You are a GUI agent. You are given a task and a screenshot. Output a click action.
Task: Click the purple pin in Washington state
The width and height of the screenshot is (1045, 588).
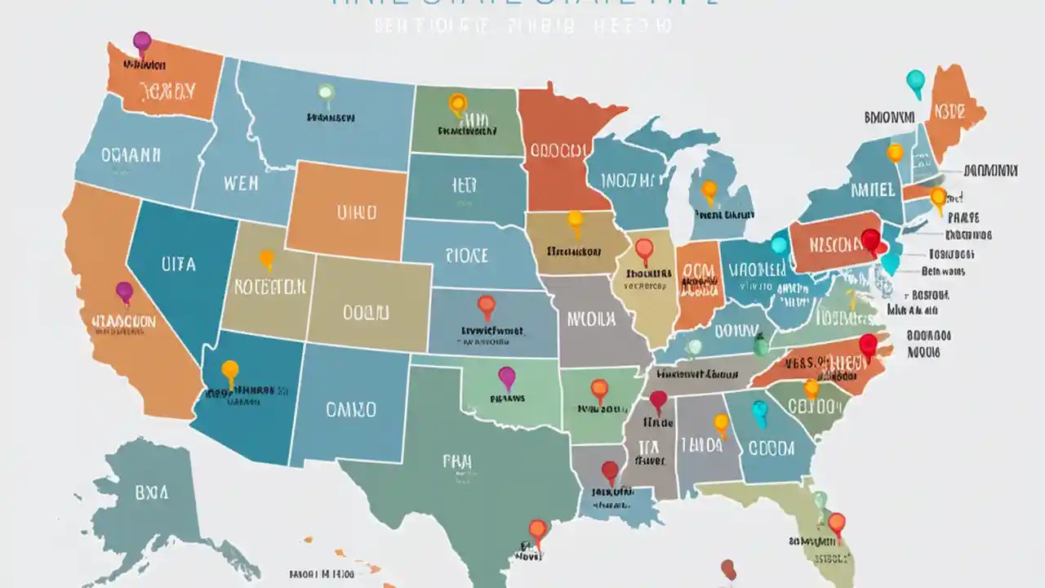coord(142,41)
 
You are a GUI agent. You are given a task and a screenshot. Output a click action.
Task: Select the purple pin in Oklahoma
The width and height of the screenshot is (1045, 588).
coord(507,376)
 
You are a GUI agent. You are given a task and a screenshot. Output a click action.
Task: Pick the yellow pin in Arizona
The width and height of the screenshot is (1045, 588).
coord(230,370)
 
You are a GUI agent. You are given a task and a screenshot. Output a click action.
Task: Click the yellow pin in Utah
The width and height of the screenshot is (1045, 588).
coord(266,259)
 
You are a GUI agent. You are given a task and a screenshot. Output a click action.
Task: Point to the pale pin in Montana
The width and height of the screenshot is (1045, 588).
coord(326,92)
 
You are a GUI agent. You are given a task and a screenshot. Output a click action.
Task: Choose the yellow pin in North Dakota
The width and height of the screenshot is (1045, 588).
coord(458,104)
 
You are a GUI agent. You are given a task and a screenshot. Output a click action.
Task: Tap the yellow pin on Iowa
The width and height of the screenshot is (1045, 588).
coord(576,219)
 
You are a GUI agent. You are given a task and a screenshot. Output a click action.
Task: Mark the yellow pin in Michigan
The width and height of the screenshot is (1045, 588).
coord(709,189)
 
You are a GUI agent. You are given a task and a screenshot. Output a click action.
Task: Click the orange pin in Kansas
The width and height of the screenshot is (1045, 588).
coord(487,305)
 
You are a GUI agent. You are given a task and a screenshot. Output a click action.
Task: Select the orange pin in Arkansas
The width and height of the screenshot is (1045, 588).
coord(599,389)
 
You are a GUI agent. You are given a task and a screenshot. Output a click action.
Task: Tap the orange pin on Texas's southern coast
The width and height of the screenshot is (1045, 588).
coord(537,529)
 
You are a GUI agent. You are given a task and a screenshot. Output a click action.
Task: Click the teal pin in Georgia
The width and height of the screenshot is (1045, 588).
coord(760,410)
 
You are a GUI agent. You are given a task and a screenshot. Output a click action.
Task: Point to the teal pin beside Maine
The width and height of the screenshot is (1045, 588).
coord(916,80)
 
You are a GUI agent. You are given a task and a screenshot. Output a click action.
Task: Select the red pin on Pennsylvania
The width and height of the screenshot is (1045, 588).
coord(871,239)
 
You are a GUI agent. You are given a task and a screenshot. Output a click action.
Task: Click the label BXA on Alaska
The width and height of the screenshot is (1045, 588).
coord(152,492)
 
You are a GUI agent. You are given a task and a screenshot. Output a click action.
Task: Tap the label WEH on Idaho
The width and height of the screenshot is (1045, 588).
coord(240,182)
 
